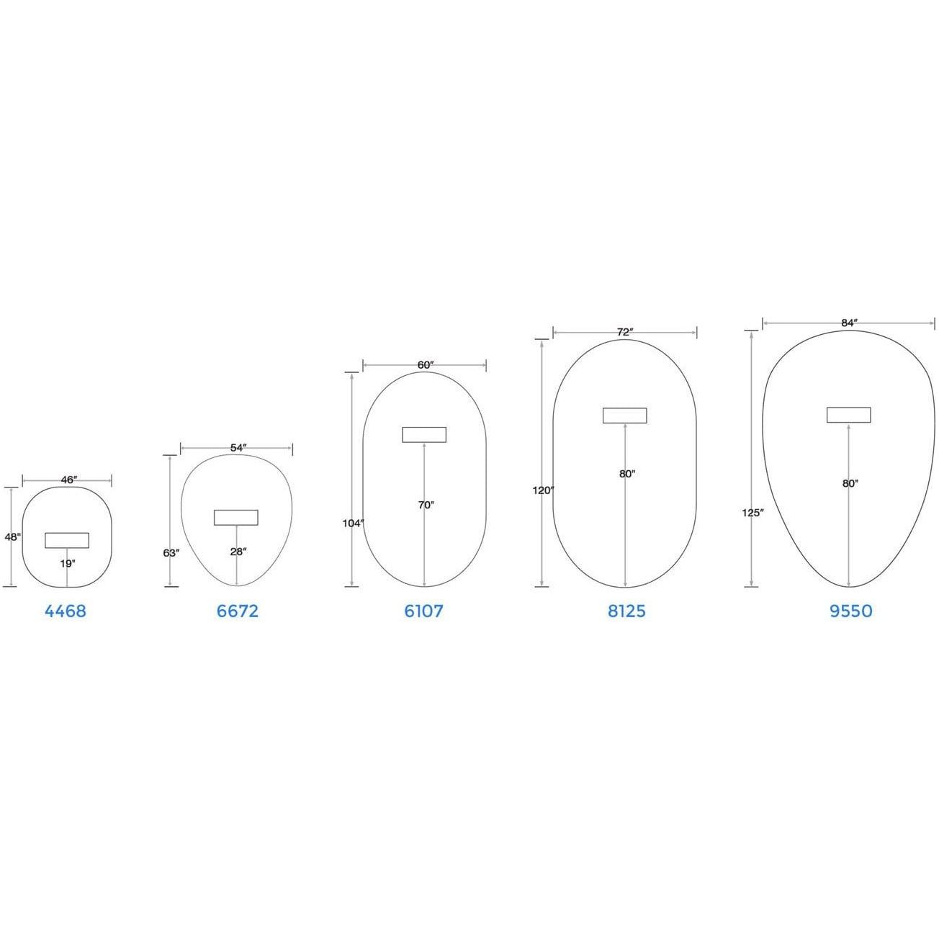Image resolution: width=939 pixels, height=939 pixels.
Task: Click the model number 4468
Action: click(66, 611)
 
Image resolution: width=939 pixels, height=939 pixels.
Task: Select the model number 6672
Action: click(238, 611)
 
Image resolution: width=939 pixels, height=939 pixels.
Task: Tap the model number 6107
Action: click(423, 611)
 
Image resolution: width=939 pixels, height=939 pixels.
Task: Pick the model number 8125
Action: click(626, 611)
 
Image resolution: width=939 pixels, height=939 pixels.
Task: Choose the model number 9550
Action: click(851, 611)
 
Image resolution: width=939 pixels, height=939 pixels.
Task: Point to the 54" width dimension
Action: click(238, 448)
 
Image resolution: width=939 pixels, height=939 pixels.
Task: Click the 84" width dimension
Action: click(849, 323)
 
